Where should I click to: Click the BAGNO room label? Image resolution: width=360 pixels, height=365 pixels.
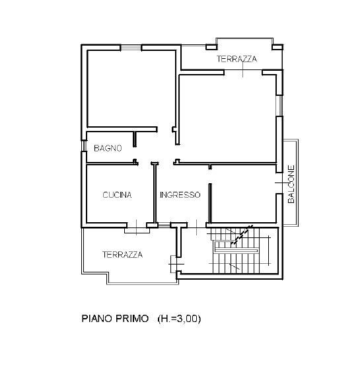click(108, 148)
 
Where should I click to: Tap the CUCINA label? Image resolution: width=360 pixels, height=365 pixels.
click(117, 194)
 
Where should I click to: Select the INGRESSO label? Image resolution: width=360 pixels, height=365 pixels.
click(180, 194)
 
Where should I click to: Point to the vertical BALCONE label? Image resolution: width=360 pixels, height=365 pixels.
click(291, 184)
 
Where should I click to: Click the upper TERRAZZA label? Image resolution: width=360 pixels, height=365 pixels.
click(236, 59)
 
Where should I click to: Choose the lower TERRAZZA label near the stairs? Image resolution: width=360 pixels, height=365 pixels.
click(123, 255)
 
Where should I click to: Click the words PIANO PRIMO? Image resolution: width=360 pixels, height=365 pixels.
click(115, 319)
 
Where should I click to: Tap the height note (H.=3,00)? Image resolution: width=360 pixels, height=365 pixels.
click(179, 319)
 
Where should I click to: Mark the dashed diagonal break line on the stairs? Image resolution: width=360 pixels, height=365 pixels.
click(242, 235)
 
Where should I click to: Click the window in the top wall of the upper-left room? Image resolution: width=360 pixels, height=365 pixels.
click(131, 48)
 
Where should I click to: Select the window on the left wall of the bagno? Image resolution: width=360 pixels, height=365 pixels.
click(84, 146)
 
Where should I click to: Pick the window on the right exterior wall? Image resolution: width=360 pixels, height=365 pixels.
click(279, 106)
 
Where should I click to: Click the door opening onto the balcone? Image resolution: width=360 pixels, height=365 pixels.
click(279, 183)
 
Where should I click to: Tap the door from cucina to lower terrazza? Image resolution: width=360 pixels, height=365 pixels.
click(137, 227)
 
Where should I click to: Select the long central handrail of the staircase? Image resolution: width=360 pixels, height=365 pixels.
click(236, 251)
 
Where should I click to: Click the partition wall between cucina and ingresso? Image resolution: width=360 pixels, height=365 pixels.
click(155, 193)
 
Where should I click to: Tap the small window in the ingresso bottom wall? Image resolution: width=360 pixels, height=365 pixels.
click(164, 225)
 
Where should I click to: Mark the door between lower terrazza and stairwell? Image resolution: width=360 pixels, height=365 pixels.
click(176, 264)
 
